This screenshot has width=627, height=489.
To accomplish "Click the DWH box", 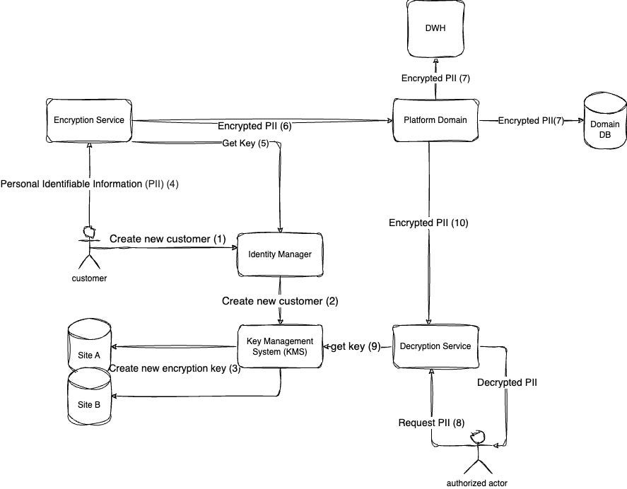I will tap(436, 28).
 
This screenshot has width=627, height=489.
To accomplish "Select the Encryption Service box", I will tap(89, 120).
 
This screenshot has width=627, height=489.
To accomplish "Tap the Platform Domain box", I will tap(436, 120).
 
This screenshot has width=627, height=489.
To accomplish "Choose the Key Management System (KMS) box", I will tap(281, 346).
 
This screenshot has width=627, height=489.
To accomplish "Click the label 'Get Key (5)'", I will tap(244, 144).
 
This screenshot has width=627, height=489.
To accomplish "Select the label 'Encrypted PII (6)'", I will tap(254, 127).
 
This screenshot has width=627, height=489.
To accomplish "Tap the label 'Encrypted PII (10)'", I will tap(428, 223).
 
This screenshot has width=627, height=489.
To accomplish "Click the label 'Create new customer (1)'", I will tap(168, 239).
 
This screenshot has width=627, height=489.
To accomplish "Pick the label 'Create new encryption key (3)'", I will tap(175, 368).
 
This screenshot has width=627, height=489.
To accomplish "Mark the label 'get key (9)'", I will tap(356, 347).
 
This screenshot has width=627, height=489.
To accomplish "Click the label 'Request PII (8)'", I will tap(430, 423).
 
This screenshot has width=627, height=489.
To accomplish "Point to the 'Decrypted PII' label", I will tap(507, 382).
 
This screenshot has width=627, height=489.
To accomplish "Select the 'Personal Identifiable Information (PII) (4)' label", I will tap(89, 184).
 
